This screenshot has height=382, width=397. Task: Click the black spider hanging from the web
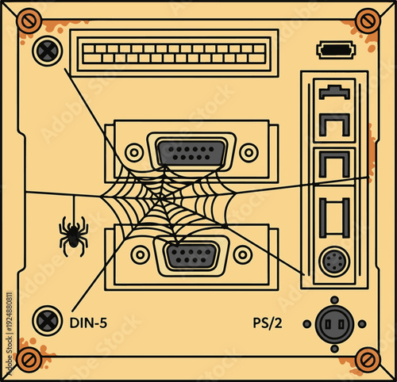point(73,236)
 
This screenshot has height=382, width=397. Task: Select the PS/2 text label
point(268,323)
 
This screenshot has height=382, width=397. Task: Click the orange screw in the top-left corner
point(29,20)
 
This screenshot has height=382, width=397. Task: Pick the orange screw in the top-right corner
point(368,20)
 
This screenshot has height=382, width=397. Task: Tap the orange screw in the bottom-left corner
point(29,361)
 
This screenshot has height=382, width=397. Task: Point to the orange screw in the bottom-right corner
point(368,361)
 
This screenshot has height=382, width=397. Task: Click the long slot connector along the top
point(174,54)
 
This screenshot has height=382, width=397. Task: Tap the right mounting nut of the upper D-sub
point(249,151)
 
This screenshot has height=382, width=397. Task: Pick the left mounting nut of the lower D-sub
point(141,255)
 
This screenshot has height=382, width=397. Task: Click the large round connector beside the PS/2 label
point(334,323)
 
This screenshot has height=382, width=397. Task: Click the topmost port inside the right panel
point(333,93)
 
